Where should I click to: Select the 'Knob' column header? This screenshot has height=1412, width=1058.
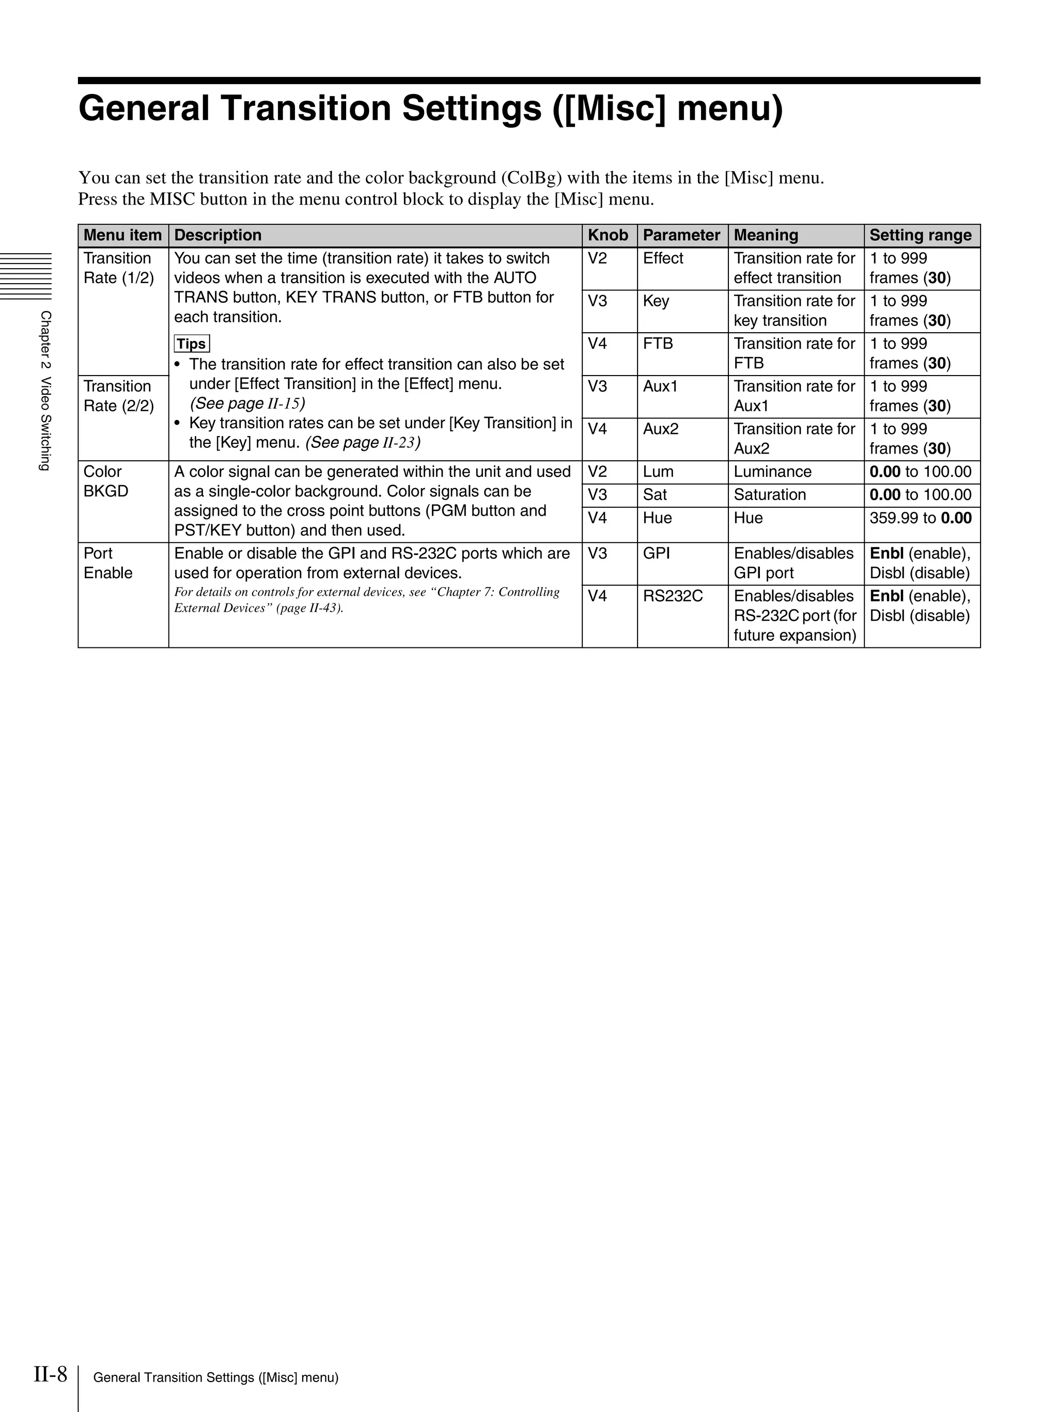click(x=608, y=235)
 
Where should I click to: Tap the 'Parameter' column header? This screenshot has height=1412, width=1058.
click(x=681, y=235)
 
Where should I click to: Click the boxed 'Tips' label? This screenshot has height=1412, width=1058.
click(x=192, y=344)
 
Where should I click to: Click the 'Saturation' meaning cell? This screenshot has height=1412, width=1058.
click(x=770, y=495)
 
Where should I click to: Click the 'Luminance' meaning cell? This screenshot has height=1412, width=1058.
click(x=772, y=472)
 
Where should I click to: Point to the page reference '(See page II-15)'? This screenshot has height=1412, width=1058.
click(x=247, y=404)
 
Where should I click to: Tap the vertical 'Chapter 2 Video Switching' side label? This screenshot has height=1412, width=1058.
click(x=44, y=390)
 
